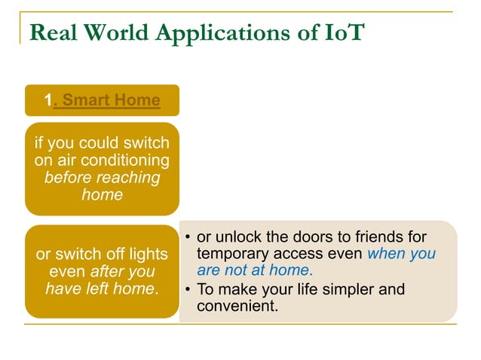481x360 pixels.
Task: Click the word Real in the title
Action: [54, 33]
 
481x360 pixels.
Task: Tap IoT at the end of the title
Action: [343, 33]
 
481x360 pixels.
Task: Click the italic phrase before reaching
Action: [102, 178]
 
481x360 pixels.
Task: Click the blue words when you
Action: [401, 255]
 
